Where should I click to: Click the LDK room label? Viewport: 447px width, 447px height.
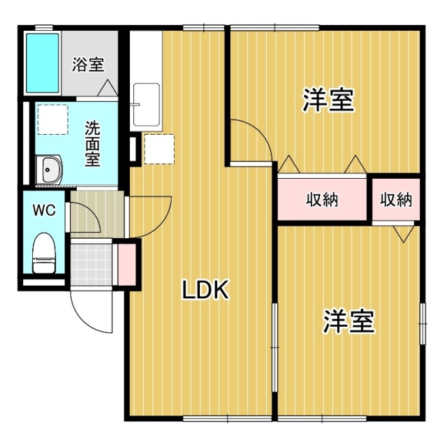(206, 290)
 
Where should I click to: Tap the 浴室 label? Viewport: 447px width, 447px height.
(89, 65)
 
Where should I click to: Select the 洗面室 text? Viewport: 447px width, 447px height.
(91, 143)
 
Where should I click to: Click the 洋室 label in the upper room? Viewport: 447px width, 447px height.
(328, 101)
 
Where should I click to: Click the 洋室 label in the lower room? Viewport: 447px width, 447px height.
(349, 321)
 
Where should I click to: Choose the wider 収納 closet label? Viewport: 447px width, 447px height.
(323, 200)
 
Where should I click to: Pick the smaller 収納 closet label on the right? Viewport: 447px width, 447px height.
(396, 200)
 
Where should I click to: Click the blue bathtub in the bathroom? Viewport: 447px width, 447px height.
(42, 62)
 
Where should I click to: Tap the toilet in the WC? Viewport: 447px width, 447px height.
(44, 254)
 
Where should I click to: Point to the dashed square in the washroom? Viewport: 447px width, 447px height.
(52, 119)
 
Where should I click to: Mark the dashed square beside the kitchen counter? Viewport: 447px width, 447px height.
(158, 149)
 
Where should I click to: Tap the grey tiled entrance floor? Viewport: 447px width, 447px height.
(91, 265)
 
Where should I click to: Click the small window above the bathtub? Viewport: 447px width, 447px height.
(43, 27)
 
